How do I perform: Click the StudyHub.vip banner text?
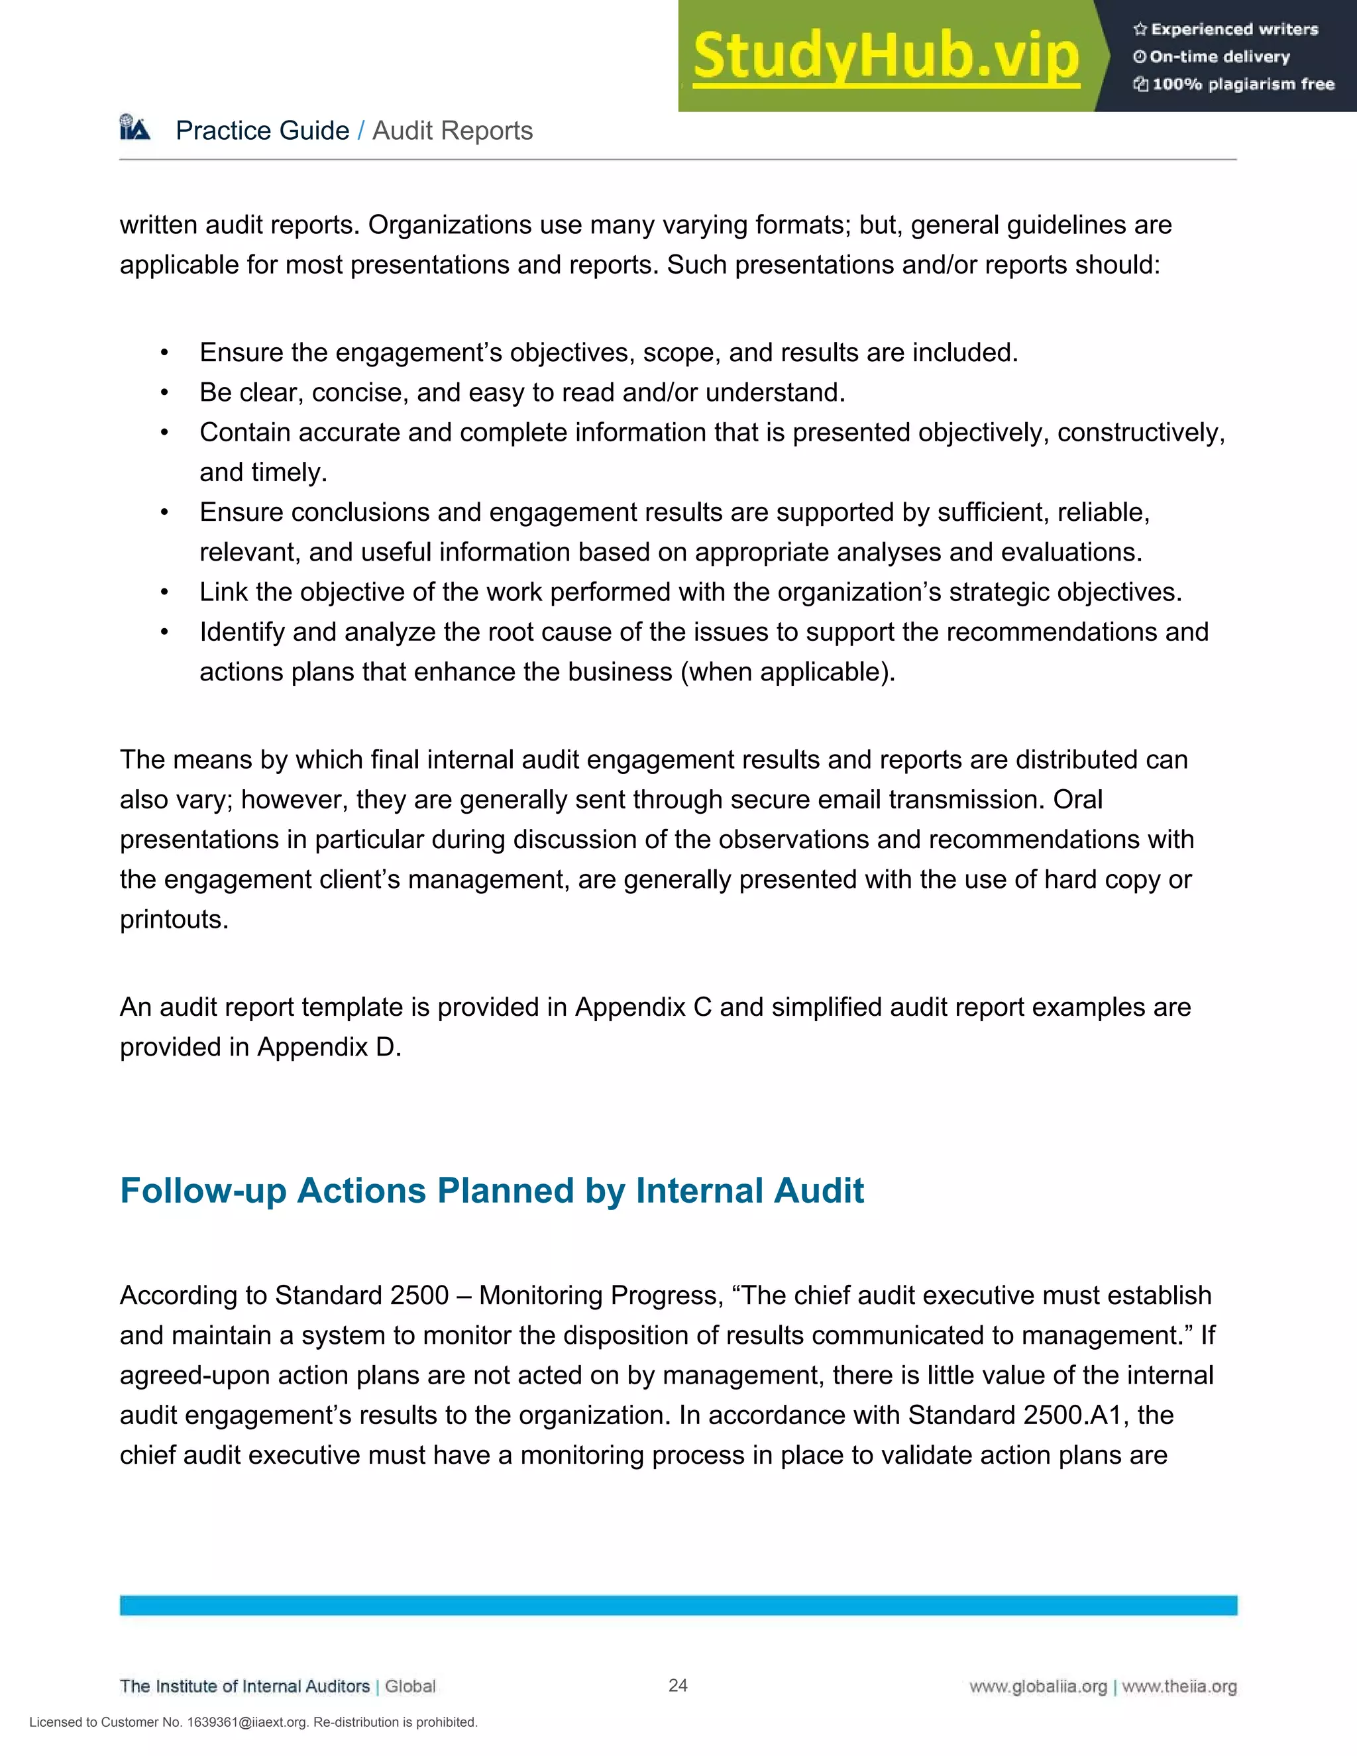885,56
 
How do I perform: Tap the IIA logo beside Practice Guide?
135,129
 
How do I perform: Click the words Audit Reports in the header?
452,131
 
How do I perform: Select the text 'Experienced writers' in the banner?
1234,30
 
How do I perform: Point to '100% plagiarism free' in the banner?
1243,83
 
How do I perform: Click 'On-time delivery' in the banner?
1220,56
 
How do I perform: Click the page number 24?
678,1685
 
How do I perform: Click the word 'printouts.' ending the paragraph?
174,919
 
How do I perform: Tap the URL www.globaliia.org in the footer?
1037,1687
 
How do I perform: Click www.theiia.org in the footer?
1179,1687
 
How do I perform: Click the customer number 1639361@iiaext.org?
246,1722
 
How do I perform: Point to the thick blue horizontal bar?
678,1605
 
